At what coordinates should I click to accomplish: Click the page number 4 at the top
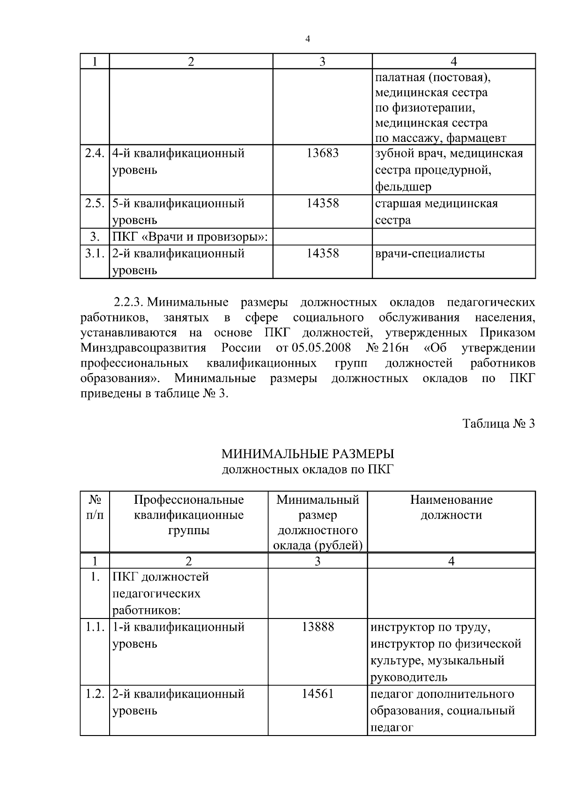[307, 39]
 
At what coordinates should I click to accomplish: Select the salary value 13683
[322, 154]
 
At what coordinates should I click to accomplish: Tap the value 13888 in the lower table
[318, 627]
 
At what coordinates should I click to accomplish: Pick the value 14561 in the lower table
[318, 694]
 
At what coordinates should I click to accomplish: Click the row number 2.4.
[95, 154]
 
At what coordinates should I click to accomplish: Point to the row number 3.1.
[95, 254]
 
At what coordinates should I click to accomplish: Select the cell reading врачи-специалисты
[429, 254]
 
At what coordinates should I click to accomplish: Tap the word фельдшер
[403, 187]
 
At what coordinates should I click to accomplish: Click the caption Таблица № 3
[498, 424]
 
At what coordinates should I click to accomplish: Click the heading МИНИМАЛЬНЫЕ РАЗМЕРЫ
[307, 454]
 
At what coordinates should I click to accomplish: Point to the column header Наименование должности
[451, 508]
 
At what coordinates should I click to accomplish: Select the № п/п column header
[95, 508]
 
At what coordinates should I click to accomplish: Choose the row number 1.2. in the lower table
[95, 694]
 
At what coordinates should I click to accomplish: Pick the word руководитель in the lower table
[408, 677]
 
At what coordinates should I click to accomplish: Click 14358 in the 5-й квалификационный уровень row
[322, 204]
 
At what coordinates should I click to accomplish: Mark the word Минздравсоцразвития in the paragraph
[143, 348]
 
